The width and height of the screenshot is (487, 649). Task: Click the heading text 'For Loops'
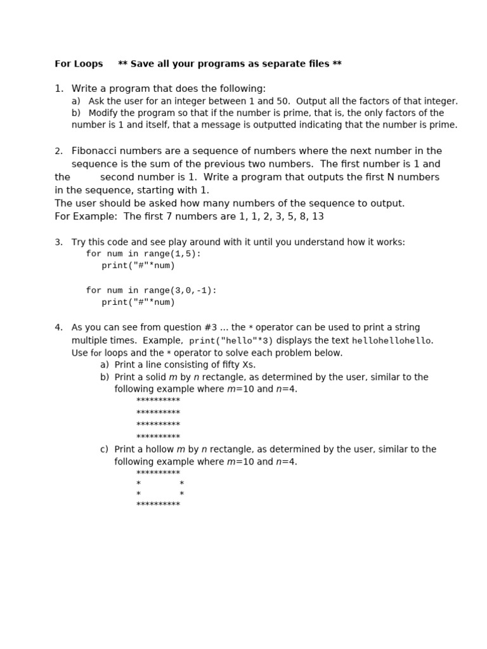(x=79, y=64)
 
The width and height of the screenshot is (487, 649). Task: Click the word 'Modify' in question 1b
(x=103, y=113)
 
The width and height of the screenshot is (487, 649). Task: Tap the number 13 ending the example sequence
(x=318, y=217)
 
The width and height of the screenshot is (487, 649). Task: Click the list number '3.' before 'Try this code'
(x=58, y=243)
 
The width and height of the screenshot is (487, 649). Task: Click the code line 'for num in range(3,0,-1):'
(x=151, y=290)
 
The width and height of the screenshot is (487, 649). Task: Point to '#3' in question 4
(x=210, y=328)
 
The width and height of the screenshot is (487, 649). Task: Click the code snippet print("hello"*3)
(x=231, y=341)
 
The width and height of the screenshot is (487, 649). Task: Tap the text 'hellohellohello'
(x=391, y=341)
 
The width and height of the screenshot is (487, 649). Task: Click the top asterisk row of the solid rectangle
(x=158, y=401)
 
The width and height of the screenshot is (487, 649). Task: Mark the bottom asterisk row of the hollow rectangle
(x=158, y=505)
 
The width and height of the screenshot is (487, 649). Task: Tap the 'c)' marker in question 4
(x=104, y=449)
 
